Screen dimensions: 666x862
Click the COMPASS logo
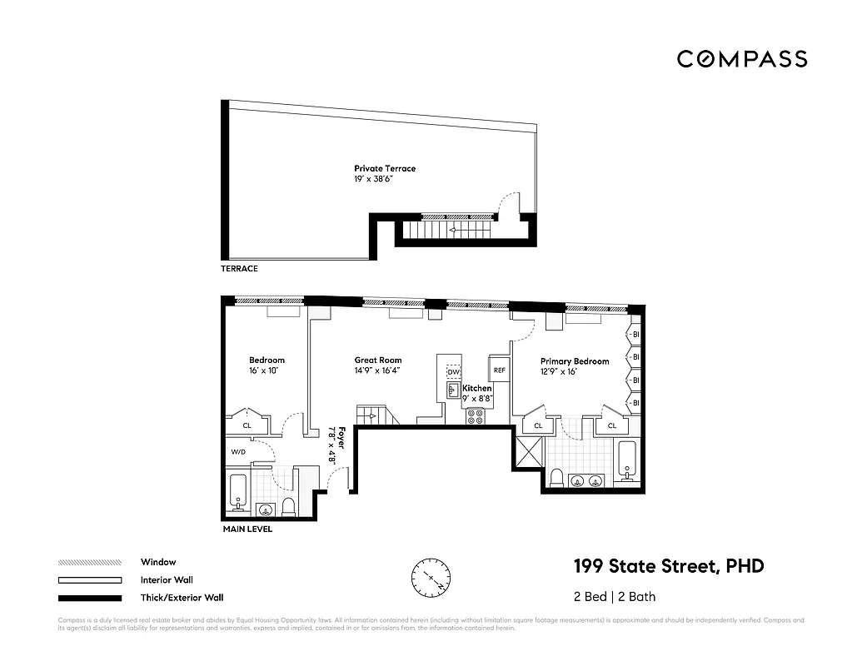point(741,59)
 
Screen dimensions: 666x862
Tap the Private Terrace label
point(384,169)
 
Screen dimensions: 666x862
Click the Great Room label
point(378,361)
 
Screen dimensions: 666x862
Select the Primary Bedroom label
point(574,362)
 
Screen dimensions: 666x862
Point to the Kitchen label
point(477,389)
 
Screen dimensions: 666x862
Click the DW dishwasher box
point(453,372)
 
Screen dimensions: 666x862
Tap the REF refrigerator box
point(499,370)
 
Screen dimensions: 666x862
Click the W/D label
point(238,452)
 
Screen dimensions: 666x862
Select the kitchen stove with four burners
point(476,416)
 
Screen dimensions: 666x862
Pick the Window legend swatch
point(90,562)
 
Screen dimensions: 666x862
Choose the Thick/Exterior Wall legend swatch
point(90,598)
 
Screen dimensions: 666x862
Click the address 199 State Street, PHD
point(668,567)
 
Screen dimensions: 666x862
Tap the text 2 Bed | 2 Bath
point(615,597)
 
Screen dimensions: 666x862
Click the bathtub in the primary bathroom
point(628,462)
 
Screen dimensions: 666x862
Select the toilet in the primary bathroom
point(557,478)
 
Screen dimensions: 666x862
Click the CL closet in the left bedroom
point(247,425)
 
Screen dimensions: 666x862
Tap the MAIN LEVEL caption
point(247,529)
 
